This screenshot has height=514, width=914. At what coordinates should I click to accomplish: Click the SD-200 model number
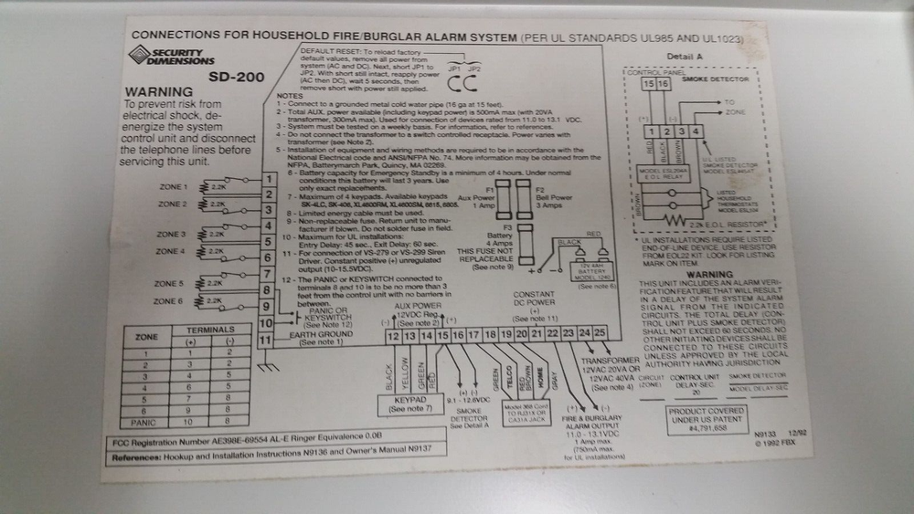[x=224, y=77]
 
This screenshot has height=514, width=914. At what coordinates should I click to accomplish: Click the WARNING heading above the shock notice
[x=158, y=92]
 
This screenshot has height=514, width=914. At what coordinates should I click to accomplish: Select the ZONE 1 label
[x=172, y=187]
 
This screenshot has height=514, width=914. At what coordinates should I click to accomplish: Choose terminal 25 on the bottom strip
[x=599, y=335]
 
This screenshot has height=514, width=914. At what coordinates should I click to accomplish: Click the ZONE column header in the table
[x=146, y=336]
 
